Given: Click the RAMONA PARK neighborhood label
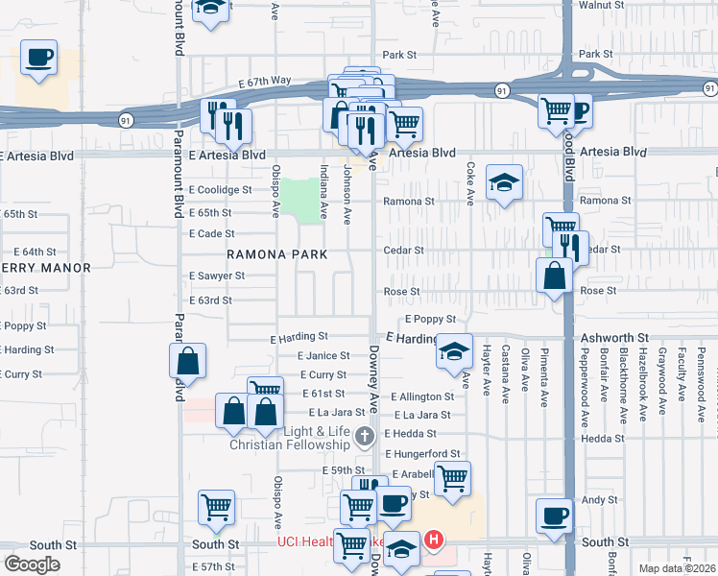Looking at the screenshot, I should pyautogui.click(x=276, y=254).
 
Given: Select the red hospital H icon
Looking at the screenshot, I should pyautogui.click(x=434, y=540).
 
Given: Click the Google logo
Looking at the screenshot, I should pyautogui.click(x=33, y=564).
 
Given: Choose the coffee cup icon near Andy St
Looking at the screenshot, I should pyautogui.click(x=554, y=516).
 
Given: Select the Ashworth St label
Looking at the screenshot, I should pyautogui.click(x=615, y=339).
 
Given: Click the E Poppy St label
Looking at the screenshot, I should pyautogui.click(x=429, y=319).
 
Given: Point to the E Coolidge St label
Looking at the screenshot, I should pyautogui.click(x=220, y=190).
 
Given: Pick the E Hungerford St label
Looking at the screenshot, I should pyautogui.click(x=423, y=453).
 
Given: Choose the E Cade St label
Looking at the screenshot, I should pyautogui.click(x=212, y=233).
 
